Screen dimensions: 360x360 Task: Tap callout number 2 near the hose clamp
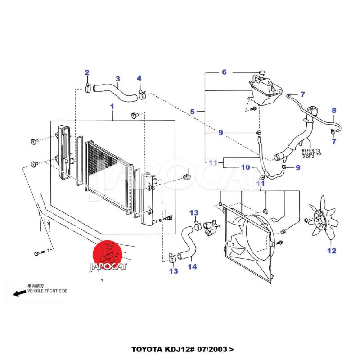(x=87, y=72)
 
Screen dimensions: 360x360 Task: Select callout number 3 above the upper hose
(x=117, y=79)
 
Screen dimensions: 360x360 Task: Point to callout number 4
(x=139, y=78)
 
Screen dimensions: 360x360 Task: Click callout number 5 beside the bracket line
(x=192, y=111)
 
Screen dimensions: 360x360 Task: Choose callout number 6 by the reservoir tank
(x=224, y=72)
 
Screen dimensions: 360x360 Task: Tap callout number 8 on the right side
(x=334, y=110)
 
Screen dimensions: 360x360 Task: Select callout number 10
(x=245, y=167)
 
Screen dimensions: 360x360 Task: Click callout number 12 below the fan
(x=332, y=251)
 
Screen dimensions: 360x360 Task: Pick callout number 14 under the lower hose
(x=192, y=267)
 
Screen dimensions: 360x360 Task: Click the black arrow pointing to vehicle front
(x=19, y=293)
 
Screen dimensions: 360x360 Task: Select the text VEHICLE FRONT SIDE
(x=47, y=291)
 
